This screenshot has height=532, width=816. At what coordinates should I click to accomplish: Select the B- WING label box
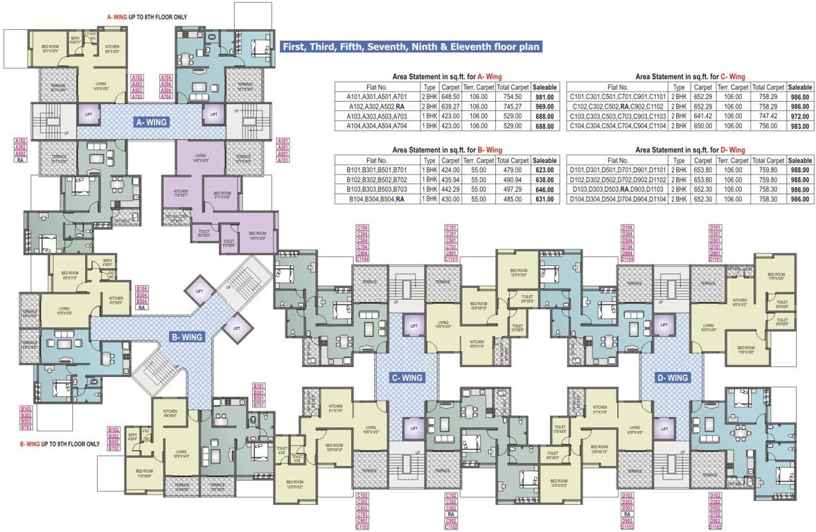(186, 337)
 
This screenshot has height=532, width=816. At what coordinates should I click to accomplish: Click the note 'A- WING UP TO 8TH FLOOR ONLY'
(147, 17)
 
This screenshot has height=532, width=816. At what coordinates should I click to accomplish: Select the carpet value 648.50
(451, 97)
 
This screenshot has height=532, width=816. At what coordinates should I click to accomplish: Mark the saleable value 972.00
(800, 116)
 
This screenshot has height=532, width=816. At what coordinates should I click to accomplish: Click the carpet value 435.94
(451, 179)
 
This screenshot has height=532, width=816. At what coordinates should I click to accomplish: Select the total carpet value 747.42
(768, 116)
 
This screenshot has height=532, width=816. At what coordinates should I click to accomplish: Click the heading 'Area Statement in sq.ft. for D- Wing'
(690, 150)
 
